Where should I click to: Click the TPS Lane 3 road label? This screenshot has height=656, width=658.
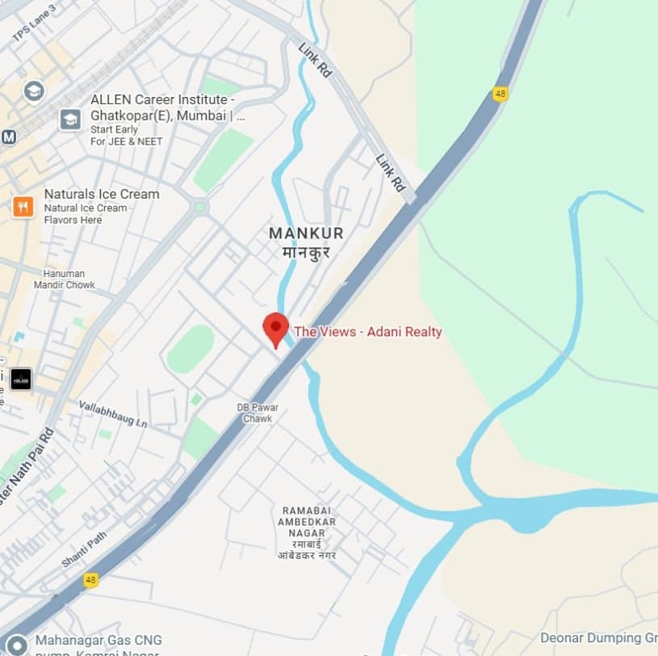coord(35,23)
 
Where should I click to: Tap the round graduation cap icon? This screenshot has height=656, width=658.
coord(34,90)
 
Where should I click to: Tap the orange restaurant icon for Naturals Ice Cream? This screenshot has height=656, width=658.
coord(23,207)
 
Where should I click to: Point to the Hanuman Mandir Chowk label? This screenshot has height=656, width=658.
coord(65,280)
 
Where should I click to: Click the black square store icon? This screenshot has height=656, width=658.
coord(21,378)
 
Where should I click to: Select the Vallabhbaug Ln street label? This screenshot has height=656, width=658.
coord(113,413)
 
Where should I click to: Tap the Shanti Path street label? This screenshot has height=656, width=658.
coord(83,549)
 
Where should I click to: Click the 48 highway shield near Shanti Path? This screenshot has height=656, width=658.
coord(91,580)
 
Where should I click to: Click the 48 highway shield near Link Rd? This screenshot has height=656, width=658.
coord(501,94)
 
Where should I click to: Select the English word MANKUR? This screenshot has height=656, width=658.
coord(306,233)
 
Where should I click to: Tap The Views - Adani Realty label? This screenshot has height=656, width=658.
coord(368,331)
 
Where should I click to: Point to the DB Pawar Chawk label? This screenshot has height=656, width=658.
coord(258,413)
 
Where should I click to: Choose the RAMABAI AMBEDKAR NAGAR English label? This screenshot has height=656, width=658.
coord(309,522)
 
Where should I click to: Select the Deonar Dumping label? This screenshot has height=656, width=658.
coord(597,638)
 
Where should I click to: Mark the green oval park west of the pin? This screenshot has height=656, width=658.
coord(191,349)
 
